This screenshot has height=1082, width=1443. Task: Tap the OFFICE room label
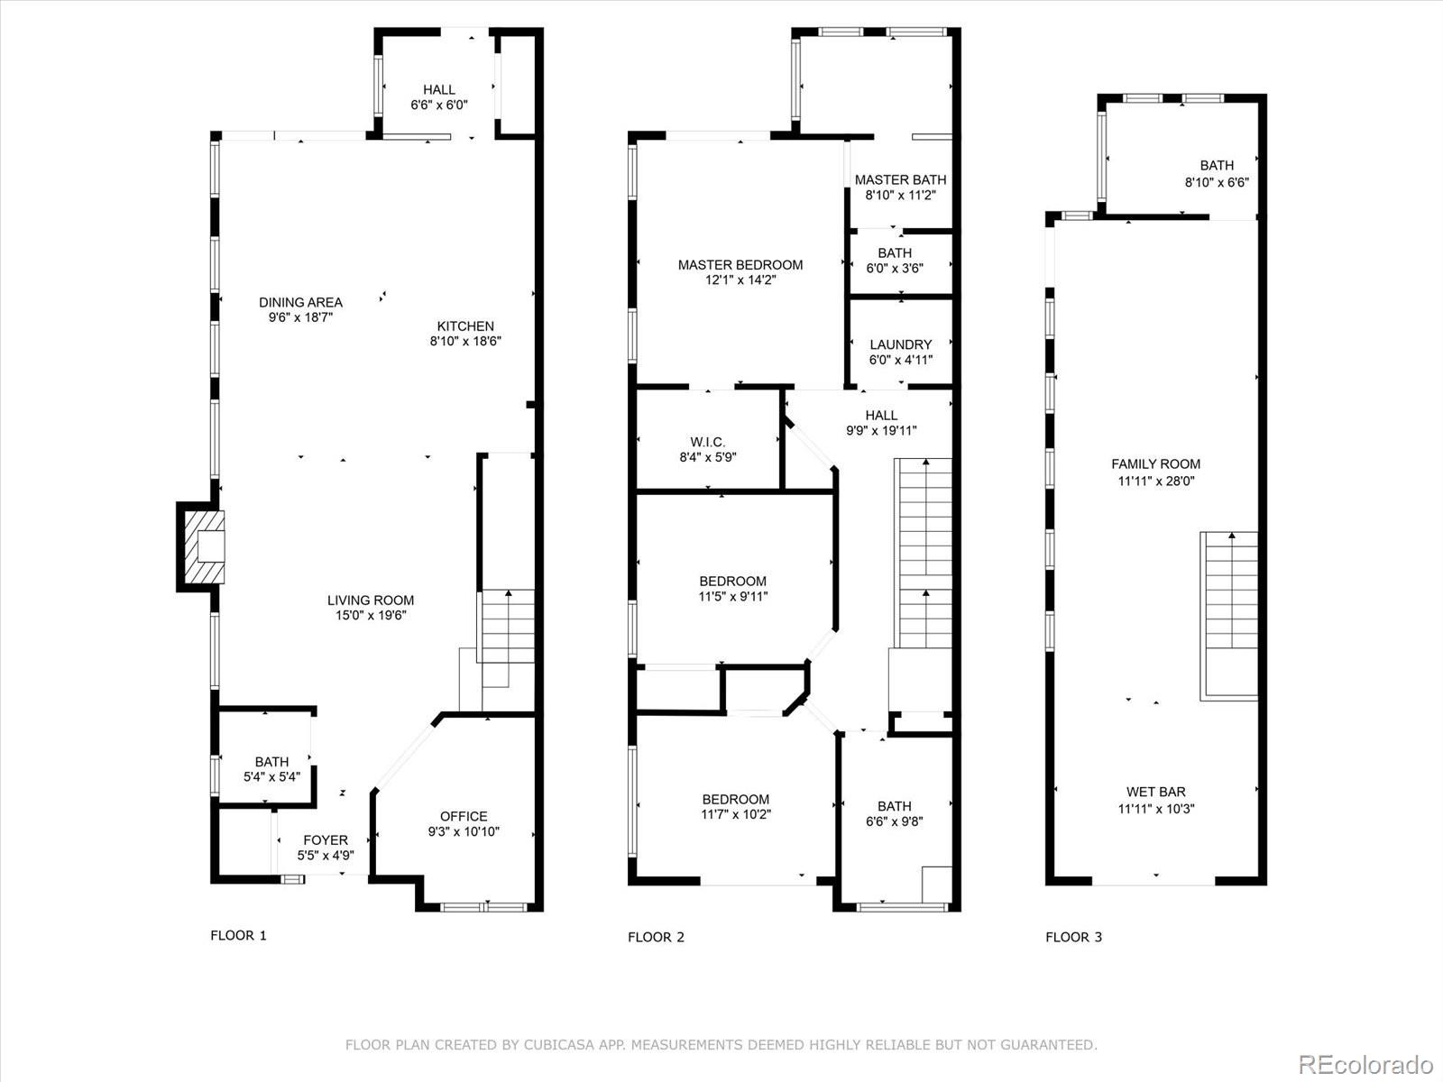pyautogui.click(x=464, y=816)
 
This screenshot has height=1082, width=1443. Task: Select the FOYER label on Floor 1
pyautogui.click(x=326, y=839)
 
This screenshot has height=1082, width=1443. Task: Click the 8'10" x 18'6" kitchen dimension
pyautogui.click(x=465, y=341)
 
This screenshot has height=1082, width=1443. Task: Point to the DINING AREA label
pyautogui.click(x=300, y=302)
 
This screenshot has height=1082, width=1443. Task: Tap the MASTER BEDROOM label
pyautogui.click(x=740, y=264)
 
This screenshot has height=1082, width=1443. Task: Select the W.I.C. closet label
pyautogui.click(x=708, y=442)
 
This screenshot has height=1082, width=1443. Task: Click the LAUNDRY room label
pyautogui.click(x=900, y=344)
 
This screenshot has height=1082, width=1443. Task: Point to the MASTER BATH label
pyautogui.click(x=900, y=179)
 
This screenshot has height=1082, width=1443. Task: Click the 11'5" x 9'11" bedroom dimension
pyautogui.click(x=733, y=596)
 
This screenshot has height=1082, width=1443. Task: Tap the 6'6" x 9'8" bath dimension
pyautogui.click(x=894, y=821)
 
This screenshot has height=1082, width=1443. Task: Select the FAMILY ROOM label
pyautogui.click(x=1155, y=464)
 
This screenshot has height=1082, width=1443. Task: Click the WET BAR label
pyautogui.click(x=1155, y=792)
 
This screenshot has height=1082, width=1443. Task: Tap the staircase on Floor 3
pyautogui.click(x=1228, y=613)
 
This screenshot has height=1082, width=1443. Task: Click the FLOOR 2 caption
pyautogui.click(x=656, y=937)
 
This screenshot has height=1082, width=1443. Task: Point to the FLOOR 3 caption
pyautogui.click(x=1073, y=937)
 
